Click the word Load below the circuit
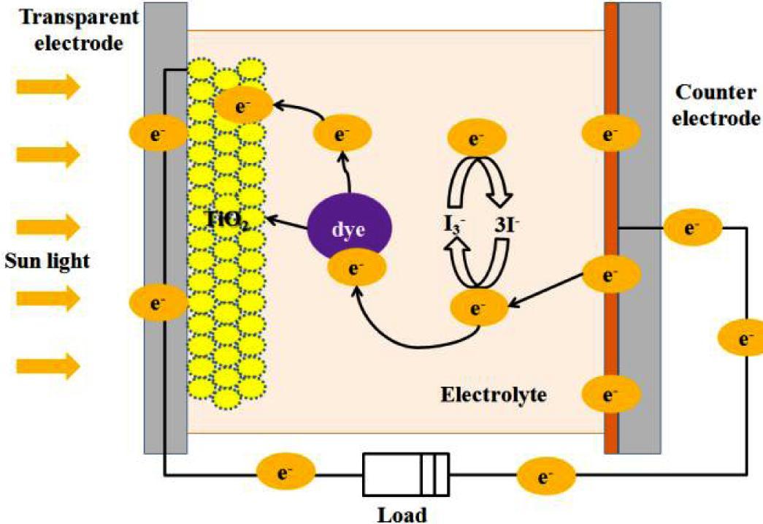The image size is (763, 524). tap(402, 513)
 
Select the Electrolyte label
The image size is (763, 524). tap(494, 395)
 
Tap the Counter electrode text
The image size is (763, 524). tap(718, 105)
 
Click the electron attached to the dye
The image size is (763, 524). tap(357, 268)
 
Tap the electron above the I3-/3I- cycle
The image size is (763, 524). tap(477, 138)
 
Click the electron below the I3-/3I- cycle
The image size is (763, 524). tap(478, 308)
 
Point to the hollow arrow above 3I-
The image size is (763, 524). tap(494, 183)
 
